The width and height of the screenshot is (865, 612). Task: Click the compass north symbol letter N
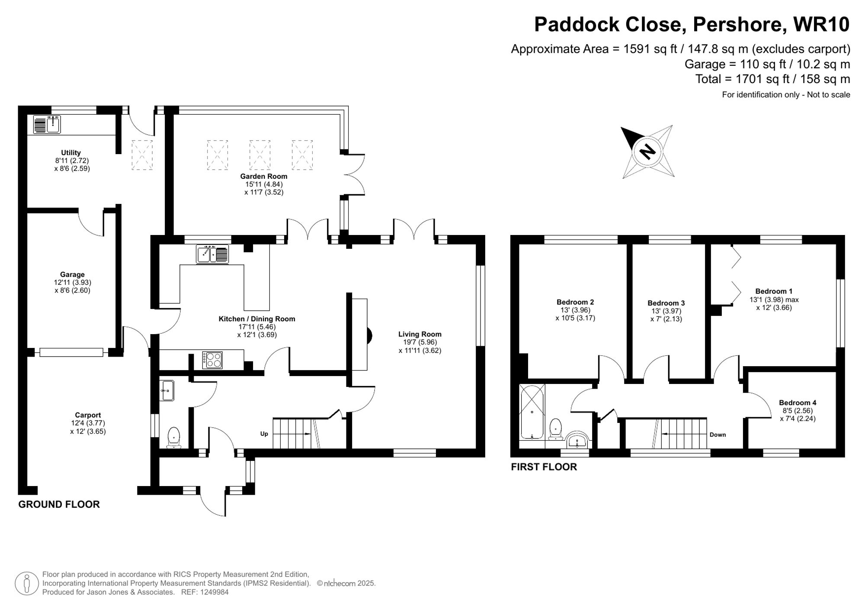click(x=647, y=151)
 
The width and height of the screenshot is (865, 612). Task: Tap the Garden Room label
click(x=263, y=176)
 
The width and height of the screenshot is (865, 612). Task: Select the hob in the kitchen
click(x=212, y=360)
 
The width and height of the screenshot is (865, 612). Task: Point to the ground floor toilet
click(x=173, y=437)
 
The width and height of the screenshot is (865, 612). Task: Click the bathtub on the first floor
click(x=532, y=411)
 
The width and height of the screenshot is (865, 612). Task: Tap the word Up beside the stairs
click(x=264, y=434)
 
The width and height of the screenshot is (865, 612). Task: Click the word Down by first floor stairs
click(x=718, y=435)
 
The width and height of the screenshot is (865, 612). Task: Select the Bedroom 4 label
click(x=798, y=403)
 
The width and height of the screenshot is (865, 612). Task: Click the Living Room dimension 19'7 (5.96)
click(x=420, y=342)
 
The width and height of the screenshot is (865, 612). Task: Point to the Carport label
click(x=88, y=415)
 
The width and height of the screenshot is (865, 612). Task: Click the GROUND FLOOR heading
click(x=59, y=504)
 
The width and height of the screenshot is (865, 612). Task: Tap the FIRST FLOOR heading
click(x=544, y=467)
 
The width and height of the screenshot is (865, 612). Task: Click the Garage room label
click(x=72, y=274)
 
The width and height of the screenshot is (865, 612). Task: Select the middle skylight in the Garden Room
click(x=259, y=155)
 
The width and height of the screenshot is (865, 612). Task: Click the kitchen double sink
click(x=212, y=254)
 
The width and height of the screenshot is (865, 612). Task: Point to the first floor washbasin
click(x=577, y=441)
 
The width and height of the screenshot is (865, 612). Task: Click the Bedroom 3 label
click(x=666, y=303)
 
